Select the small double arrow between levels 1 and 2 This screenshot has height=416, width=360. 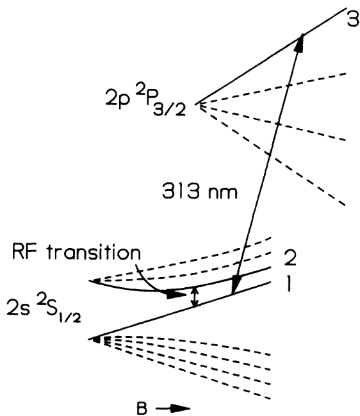[197, 295]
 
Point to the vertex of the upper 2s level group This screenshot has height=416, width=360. [93, 281]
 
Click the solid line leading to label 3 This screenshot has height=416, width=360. [256, 65]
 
